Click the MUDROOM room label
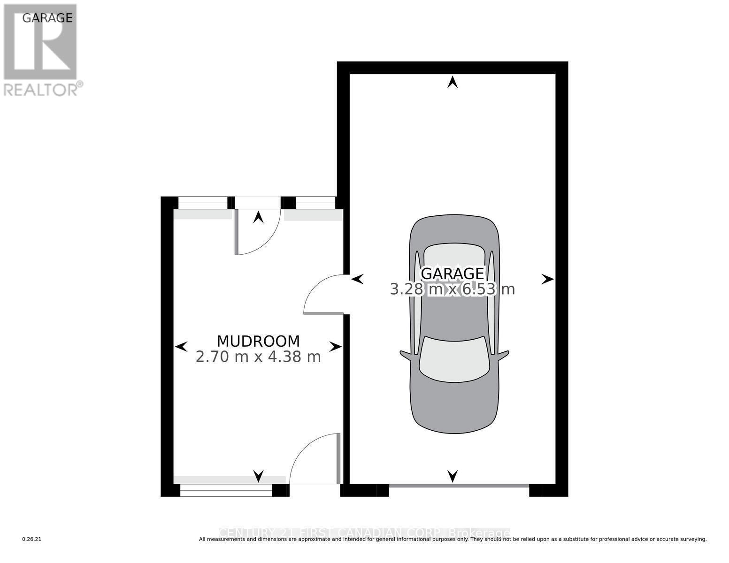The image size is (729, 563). [x=258, y=341]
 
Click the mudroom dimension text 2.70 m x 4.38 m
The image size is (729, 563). [x=258, y=357]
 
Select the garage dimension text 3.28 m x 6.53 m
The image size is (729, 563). [x=452, y=289]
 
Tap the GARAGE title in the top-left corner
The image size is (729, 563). [x=47, y=18]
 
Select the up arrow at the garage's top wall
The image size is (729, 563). [x=452, y=83]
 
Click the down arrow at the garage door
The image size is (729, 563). [x=452, y=476]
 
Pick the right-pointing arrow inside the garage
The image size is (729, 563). [x=547, y=279]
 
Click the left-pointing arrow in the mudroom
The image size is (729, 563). [x=181, y=347]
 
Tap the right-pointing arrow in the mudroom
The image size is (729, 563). [x=335, y=347]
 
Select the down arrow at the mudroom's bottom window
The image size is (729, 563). [x=258, y=476]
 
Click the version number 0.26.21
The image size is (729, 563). [x=32, y=539]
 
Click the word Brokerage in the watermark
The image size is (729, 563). [x=479, y=533]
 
